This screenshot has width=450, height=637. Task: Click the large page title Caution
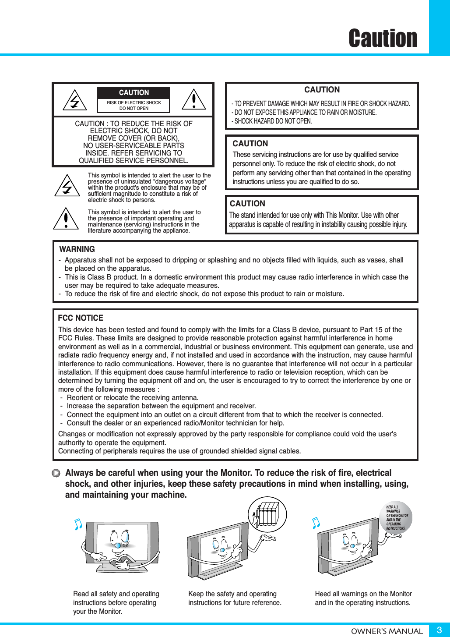383,39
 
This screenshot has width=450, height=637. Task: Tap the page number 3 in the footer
439,630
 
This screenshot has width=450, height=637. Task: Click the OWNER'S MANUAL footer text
387,631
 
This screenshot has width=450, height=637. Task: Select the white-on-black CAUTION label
134,93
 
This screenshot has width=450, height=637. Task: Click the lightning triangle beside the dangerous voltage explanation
67,186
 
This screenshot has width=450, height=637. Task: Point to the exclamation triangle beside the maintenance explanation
66,219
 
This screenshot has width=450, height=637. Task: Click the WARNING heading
77,249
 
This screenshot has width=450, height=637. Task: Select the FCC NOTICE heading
81,318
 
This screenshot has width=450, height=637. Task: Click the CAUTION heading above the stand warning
247,204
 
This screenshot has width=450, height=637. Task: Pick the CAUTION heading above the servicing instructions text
250,144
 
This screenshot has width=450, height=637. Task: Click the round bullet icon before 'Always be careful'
56,473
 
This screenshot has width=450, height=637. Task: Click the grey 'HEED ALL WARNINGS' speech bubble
396,517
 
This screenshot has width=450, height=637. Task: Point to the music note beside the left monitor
78,524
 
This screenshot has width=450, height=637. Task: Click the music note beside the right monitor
316,522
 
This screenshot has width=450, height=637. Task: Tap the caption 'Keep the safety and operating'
232,594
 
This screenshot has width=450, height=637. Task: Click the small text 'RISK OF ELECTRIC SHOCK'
134,103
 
